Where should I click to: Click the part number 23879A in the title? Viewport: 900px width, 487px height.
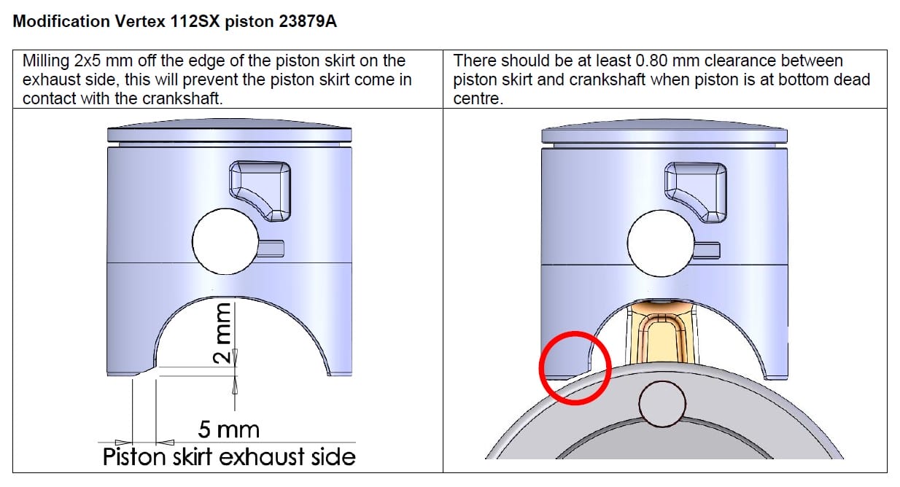tap(308, 21)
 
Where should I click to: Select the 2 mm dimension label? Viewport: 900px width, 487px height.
tap(222, 333)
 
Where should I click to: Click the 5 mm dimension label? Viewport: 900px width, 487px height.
tap(228, 429)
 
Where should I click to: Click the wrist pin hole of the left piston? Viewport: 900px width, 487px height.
tap(225, 241)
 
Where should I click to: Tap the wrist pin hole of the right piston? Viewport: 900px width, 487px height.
tap(661, 243)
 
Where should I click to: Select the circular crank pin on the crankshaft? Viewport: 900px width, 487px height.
tap(662, 404)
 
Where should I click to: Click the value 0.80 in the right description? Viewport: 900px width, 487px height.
tap(652, 61)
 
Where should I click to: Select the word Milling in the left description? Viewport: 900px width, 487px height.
tap(46, 61)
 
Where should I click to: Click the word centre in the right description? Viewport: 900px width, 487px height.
tap(478, 98)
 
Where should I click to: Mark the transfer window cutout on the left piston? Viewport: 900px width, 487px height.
tap(260, 191)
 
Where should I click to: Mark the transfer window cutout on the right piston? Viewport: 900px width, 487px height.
tap(696, 192)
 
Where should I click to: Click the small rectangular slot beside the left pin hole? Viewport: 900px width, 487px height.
tap(271, 249)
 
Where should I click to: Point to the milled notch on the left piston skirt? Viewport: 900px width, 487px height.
tap(145, 371)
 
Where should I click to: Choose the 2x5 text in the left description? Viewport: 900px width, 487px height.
tap(90, 61)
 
